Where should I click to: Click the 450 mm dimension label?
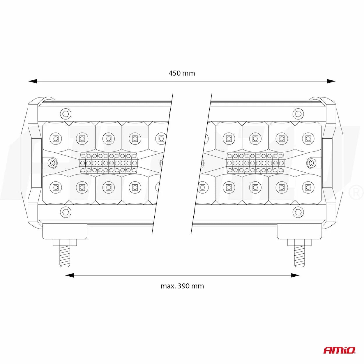coord(182,73)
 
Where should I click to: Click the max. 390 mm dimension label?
coord(182,286)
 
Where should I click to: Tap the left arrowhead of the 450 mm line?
coord(33,81)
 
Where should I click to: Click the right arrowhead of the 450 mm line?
coord(331,81)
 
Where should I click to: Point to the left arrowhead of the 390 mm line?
coord(69,275)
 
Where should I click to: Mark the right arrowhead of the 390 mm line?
coord(295,275)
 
